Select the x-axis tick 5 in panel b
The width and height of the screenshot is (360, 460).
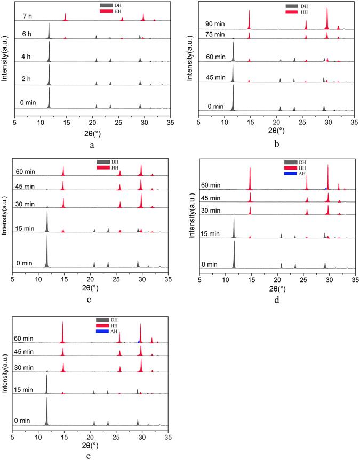(198, 122)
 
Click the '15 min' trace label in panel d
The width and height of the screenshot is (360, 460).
(212, 233)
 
